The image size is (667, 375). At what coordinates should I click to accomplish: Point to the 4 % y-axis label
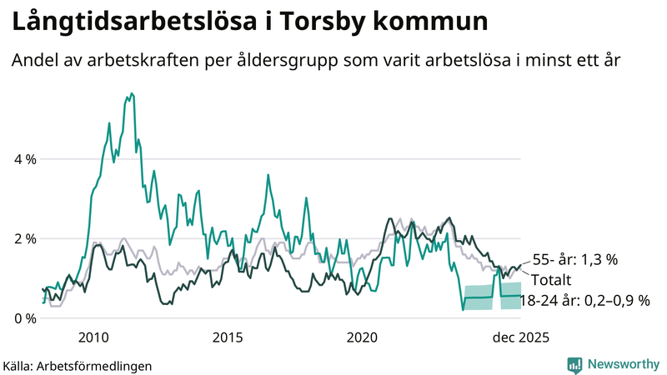pyautogui.click(x=25, y=159)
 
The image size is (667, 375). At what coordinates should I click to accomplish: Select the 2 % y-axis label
pyautogui.click(x=25, y=239)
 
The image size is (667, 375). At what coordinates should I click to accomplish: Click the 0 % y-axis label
pyautogui.click(x=25, y=319)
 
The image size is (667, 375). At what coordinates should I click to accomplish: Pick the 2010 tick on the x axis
pyautogui.click(x=93, y=337)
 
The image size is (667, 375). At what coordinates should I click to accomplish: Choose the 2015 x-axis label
pyautogui.click(x=228, y=337)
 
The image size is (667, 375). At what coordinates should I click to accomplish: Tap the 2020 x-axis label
pyautogui.click(x=362, y=337)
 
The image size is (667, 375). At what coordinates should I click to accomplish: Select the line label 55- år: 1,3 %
pyautogui.click(x=574, y=260)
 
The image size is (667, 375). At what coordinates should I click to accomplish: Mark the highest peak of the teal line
pyautogui.click(x=132, y=93)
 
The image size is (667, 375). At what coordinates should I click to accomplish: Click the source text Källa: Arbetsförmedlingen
pyautogui.click(x=77, y=366)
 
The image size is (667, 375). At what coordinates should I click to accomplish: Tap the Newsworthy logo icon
pyautogui.click(x=575, y=364)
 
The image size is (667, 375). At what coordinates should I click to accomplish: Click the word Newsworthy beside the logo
pyautogui.click(x=624, y=364)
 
